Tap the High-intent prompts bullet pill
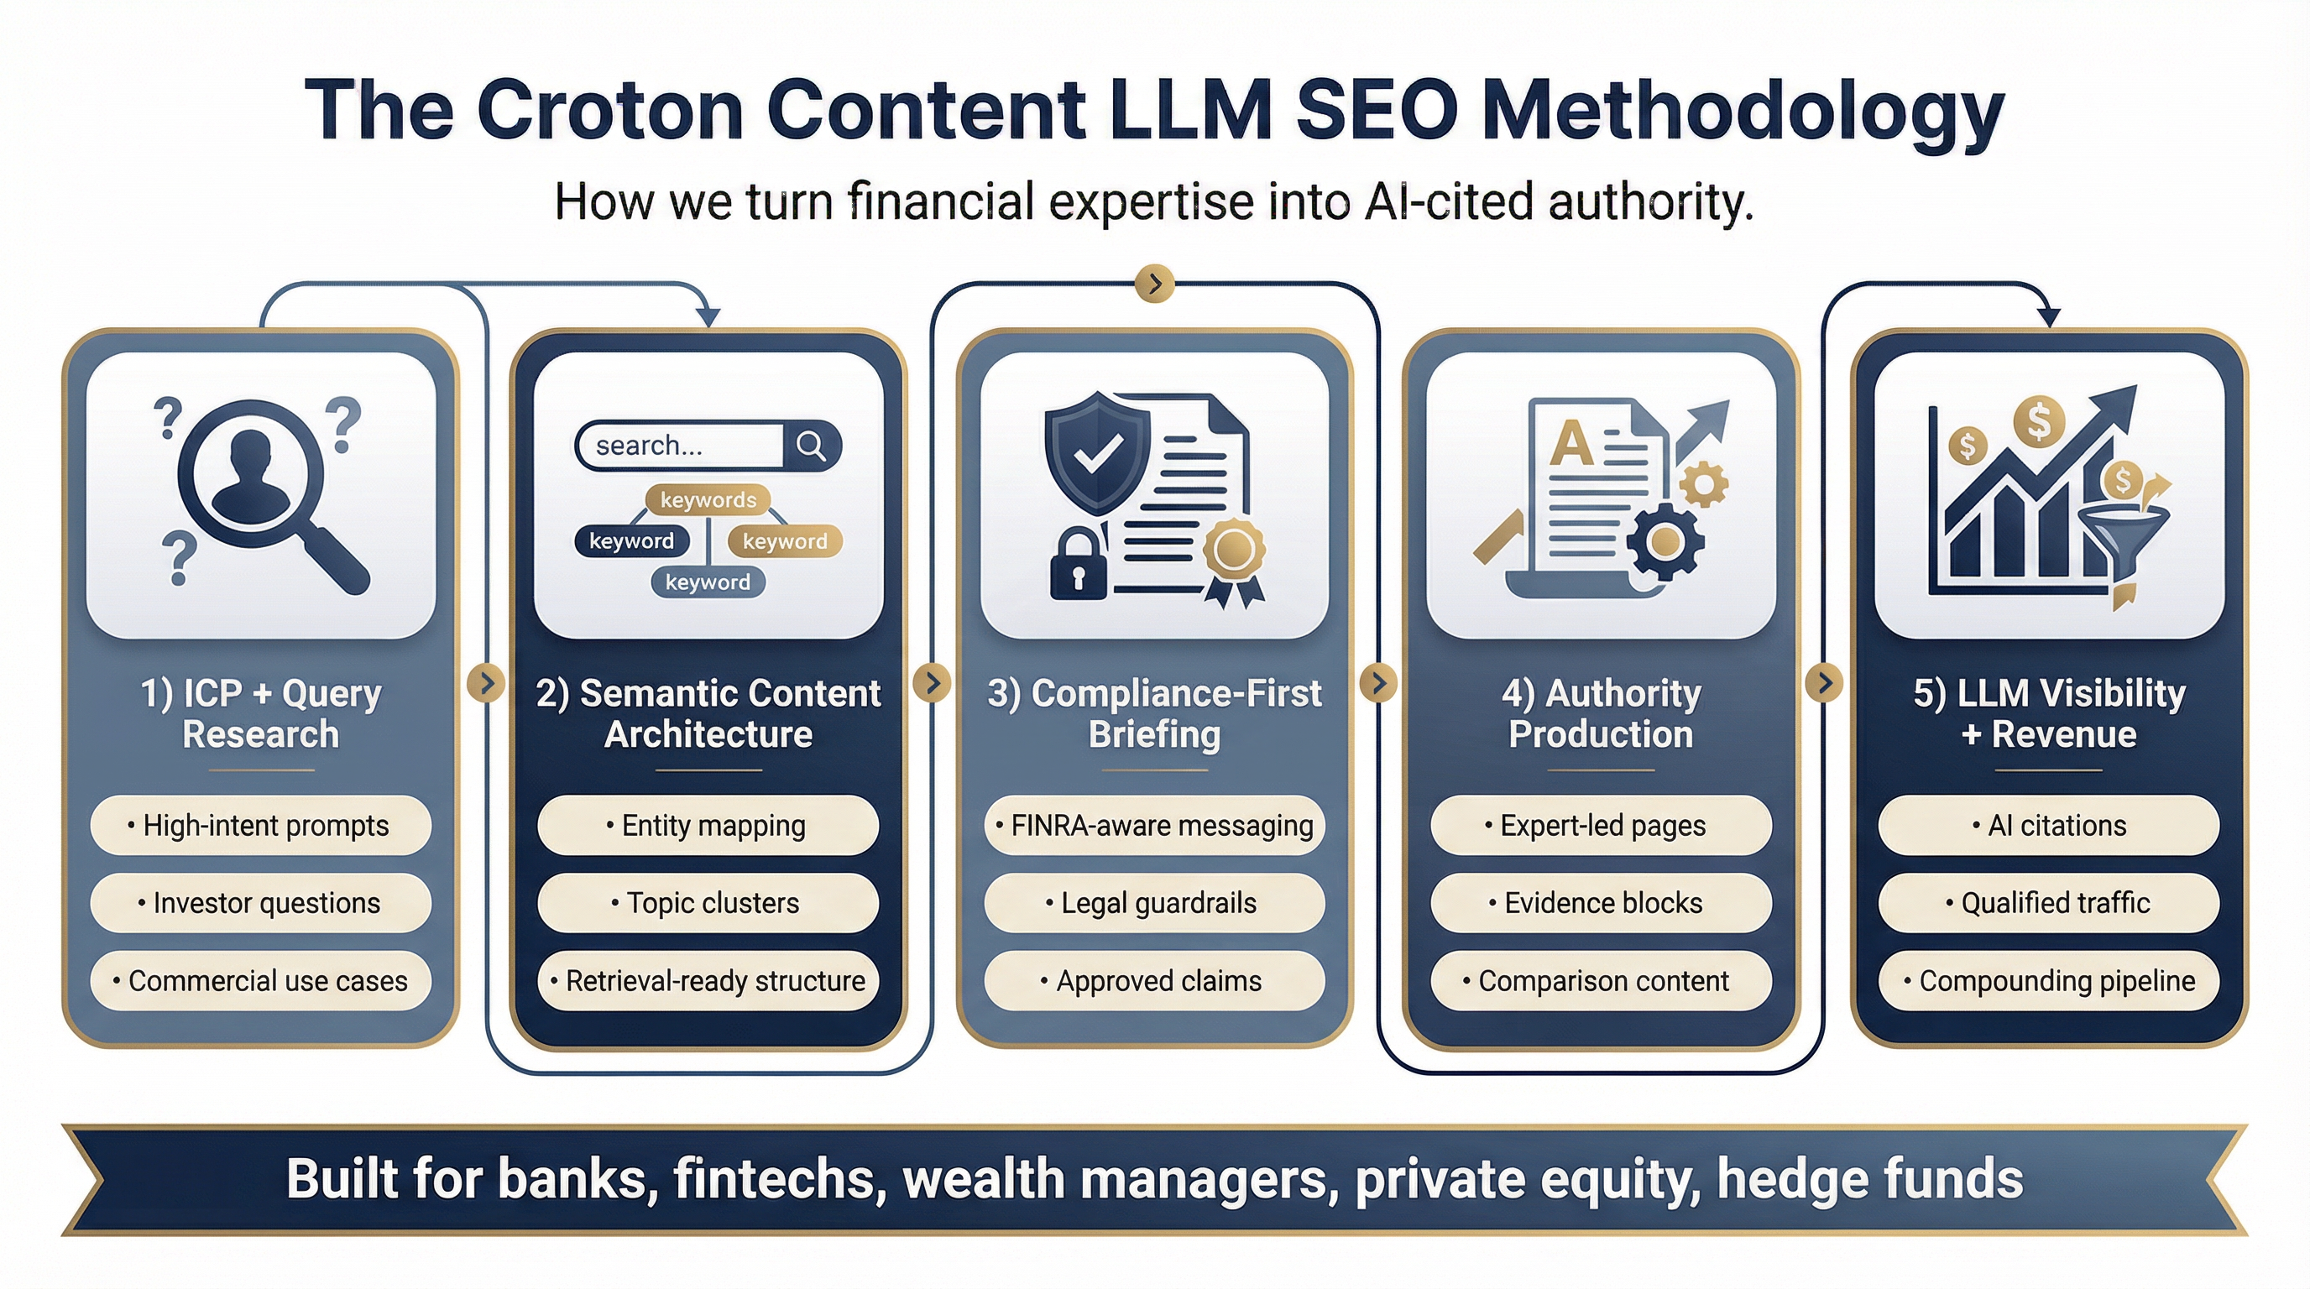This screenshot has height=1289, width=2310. [260, 825]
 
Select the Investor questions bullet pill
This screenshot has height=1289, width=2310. [260, 903]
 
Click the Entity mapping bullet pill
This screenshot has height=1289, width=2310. [708, 825]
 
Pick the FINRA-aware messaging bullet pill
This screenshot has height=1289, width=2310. [1154, 825]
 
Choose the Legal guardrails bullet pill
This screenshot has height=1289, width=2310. [1154, 903]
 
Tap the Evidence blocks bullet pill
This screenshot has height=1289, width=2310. [1601, 903]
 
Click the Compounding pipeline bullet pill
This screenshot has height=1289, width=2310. [2048, 981]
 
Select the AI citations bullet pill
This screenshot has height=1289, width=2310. [2048, 825]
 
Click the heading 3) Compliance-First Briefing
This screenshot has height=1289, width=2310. [1154, 713]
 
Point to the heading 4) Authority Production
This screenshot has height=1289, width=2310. [1601, 713]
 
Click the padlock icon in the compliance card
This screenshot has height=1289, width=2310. [1078, 565]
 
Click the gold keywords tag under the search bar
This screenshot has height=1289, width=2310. [708, 499]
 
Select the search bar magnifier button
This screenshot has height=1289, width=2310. [812, 446]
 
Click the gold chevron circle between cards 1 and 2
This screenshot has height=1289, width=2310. [486, 683]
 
